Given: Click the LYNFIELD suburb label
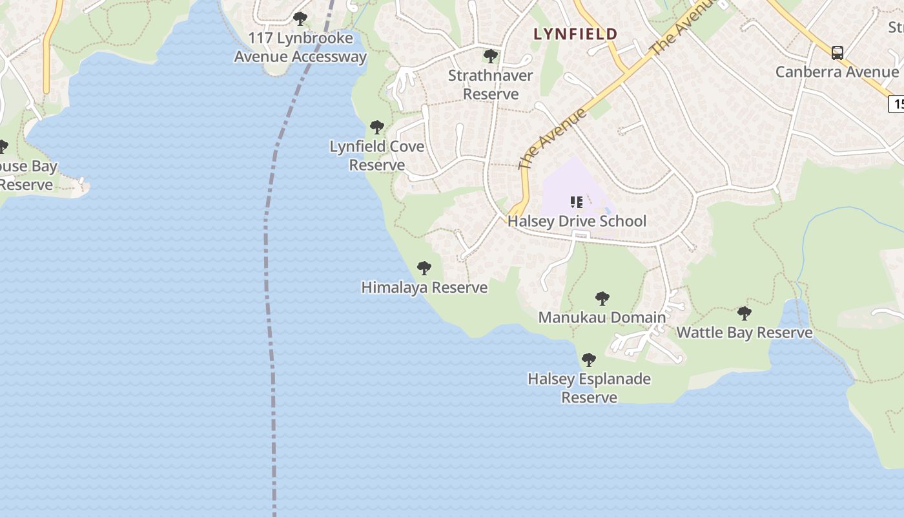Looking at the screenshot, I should coord(575,34).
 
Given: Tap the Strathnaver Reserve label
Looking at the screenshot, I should coord(491,85).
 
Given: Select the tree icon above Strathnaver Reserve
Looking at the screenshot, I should coord(491,56).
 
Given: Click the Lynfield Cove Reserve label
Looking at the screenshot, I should coord(377,156).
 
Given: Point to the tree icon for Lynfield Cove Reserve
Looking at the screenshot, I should coord(377,127).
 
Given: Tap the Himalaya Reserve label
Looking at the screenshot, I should coord(424,288).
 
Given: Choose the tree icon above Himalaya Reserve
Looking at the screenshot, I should coord(424,268).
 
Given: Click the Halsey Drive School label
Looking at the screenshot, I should coord(577,221).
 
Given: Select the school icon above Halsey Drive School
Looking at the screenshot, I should coord(577,202).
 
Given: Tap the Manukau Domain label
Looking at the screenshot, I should coord(602,317).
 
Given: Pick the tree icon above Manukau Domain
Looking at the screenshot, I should coord(602,299).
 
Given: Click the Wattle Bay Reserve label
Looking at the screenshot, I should coord(744,333).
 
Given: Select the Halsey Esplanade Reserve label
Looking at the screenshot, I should coord(589,388).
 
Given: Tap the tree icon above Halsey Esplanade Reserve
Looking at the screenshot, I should coord(588,360).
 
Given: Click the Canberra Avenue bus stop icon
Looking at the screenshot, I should coord(837,53).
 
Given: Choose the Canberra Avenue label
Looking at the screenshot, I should coord(837,72).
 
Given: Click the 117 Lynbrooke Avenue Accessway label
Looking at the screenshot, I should coord(300,47).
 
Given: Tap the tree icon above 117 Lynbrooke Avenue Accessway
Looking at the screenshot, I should coord(300,19).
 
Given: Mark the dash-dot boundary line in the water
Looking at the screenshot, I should coord(266,258).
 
